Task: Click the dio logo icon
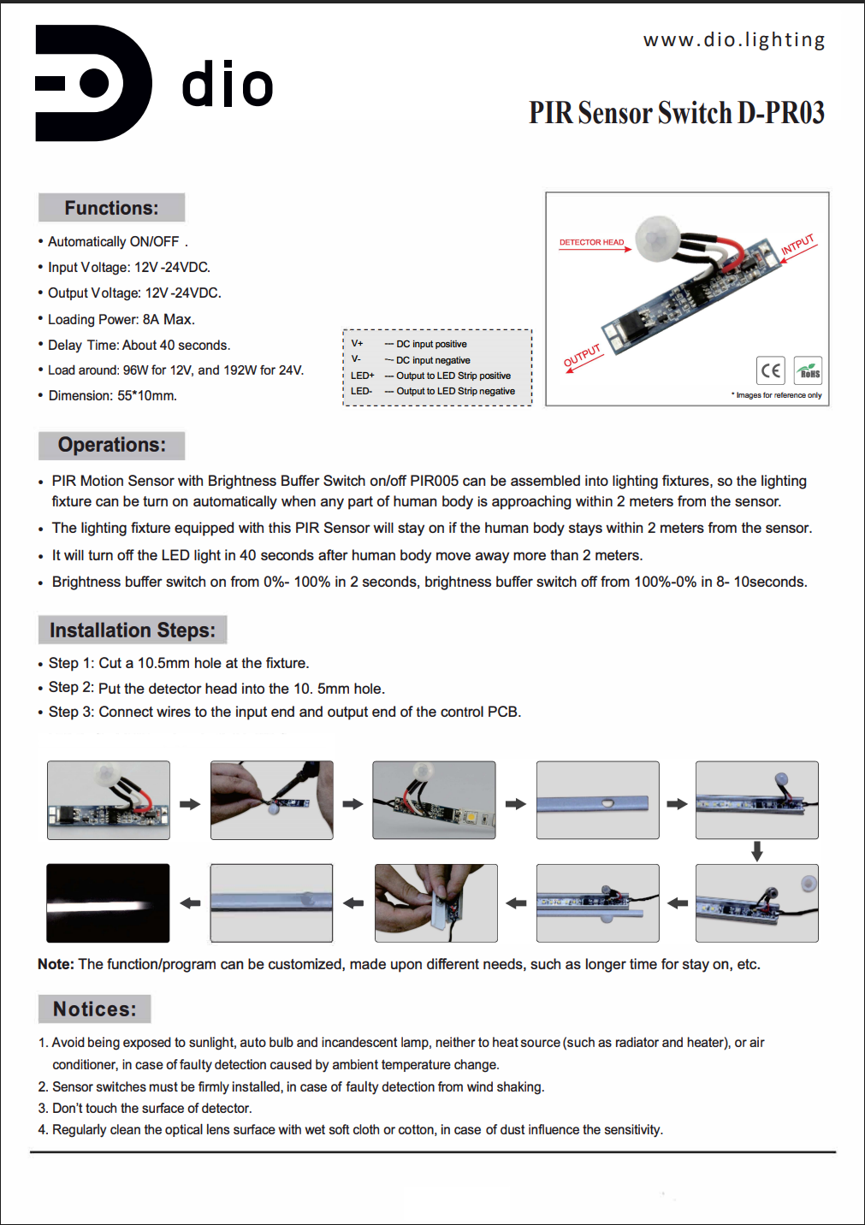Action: [x=92, y=83]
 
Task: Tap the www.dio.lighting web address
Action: [x=734, y=40]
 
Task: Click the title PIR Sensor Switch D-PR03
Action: [x=676, y=113]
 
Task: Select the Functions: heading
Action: [x=111, y=208]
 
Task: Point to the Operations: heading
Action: [x=111, y=445]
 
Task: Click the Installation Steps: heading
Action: [x=133, y=630]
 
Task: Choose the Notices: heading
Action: [x=94, y=1009]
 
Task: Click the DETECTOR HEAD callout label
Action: [x=591, y=242]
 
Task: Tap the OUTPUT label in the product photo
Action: [x=582, y=356]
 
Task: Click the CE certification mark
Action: [x=770, y=370]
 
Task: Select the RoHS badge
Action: [x=809, y=370]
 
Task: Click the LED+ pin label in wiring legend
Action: [x=362, y=376]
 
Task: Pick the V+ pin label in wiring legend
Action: [x=357, y=344]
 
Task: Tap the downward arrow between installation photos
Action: [x=756, y=851]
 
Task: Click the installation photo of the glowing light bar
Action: [x=108, y=903]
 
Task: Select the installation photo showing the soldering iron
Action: [x=271, y=800]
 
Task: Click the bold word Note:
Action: [x=56, y=964]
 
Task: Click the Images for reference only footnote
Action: [x=778, y=395]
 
